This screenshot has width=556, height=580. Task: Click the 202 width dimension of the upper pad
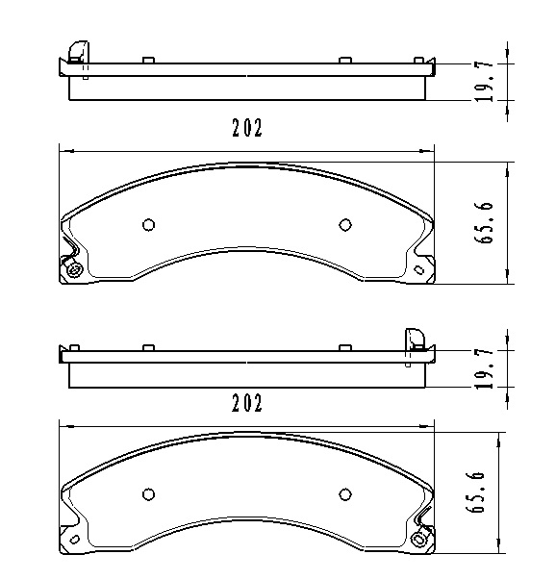coord(246,129)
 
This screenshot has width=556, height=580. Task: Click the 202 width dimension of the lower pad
coord(246,403)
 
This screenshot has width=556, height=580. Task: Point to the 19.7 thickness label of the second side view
coord(489,366)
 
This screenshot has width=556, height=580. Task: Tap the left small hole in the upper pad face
coord(148,225)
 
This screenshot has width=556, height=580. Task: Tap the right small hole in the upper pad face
coord(344,225)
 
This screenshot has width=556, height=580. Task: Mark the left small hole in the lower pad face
coord(148,495)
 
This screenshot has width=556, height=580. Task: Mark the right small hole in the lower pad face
coord(344,495)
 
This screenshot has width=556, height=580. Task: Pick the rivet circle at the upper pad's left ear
coord(75,270)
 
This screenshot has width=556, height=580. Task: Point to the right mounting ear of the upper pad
coord(423,265)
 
